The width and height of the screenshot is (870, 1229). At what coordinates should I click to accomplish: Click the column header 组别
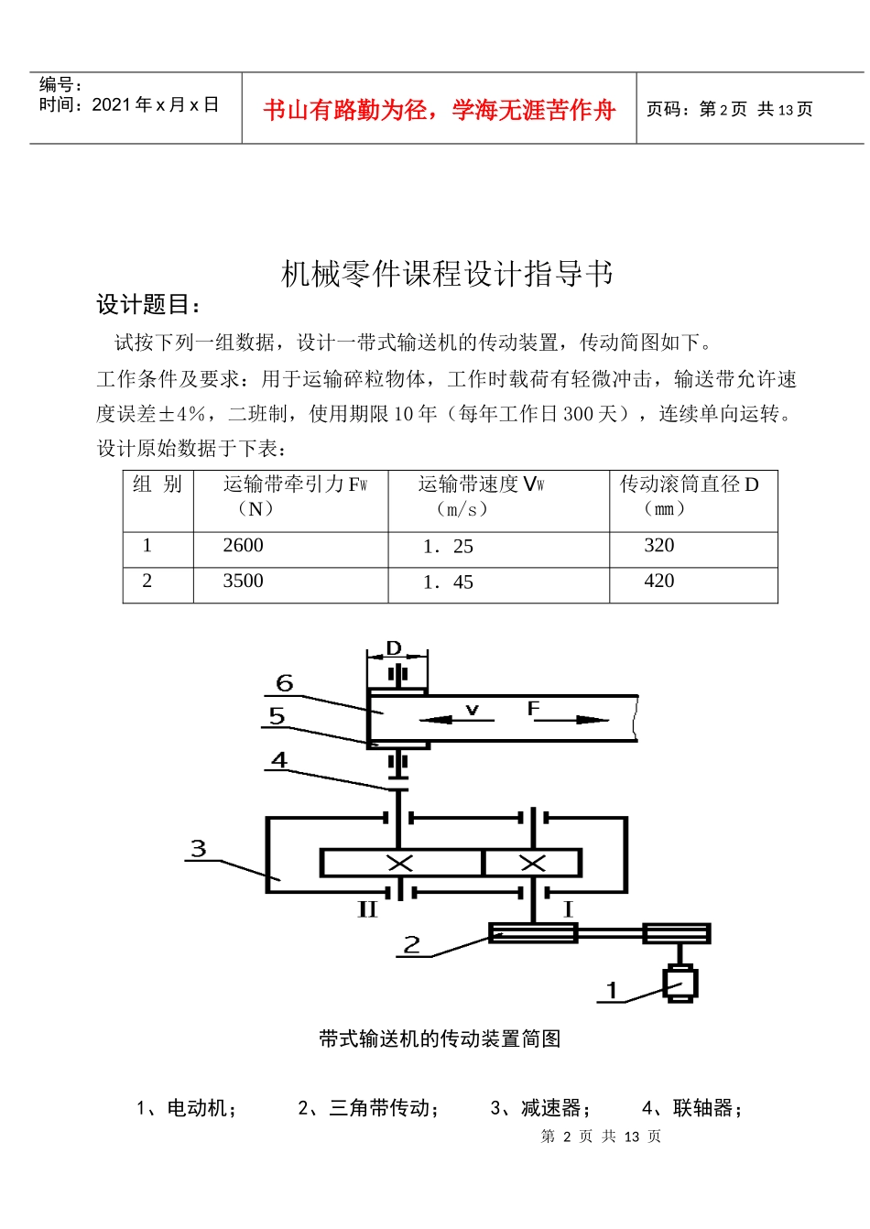point(158,484)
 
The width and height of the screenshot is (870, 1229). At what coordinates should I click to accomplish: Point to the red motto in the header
point(440,111)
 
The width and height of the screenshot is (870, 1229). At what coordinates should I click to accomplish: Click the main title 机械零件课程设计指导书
point(447,274)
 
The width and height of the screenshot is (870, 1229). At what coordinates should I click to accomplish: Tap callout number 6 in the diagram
point(285,683)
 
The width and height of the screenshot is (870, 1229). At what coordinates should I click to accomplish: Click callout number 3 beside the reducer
point(199,849)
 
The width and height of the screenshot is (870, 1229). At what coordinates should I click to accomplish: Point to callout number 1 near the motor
point(613,990)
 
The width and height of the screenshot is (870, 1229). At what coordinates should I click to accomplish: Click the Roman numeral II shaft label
point(367,909)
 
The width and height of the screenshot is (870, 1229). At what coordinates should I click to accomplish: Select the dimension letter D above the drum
point(395,648)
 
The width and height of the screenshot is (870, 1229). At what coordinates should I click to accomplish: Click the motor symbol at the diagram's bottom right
point(680,984)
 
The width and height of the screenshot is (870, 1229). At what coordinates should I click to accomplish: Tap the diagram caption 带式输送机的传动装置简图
point(440,1039)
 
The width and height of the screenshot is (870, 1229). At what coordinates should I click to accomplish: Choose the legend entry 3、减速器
point(540,1108)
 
